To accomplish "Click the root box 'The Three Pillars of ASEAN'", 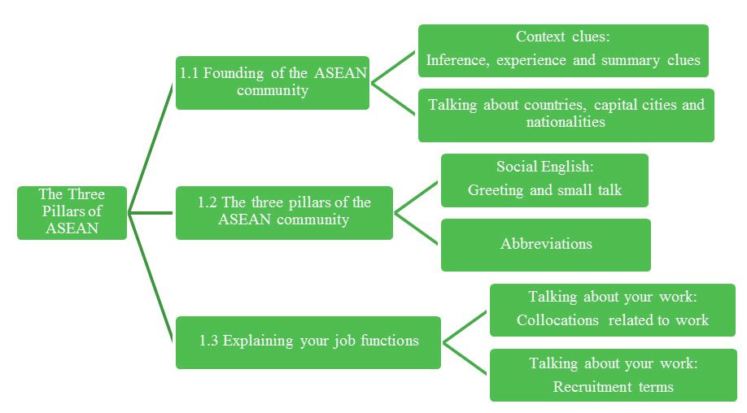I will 72,213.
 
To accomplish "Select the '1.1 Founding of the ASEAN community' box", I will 273,82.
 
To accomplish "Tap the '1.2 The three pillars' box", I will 284,212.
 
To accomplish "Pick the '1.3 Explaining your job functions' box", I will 308,341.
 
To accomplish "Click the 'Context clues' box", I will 563,50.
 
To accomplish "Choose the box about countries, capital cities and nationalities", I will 566,115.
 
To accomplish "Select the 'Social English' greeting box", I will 544,180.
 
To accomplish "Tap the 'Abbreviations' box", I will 545,244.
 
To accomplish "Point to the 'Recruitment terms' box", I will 613,375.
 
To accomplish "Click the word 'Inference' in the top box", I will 456,60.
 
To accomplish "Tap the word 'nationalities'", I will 566,123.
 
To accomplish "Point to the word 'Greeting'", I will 496,190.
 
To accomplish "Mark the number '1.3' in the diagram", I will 210,341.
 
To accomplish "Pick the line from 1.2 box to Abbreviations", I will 417,228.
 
